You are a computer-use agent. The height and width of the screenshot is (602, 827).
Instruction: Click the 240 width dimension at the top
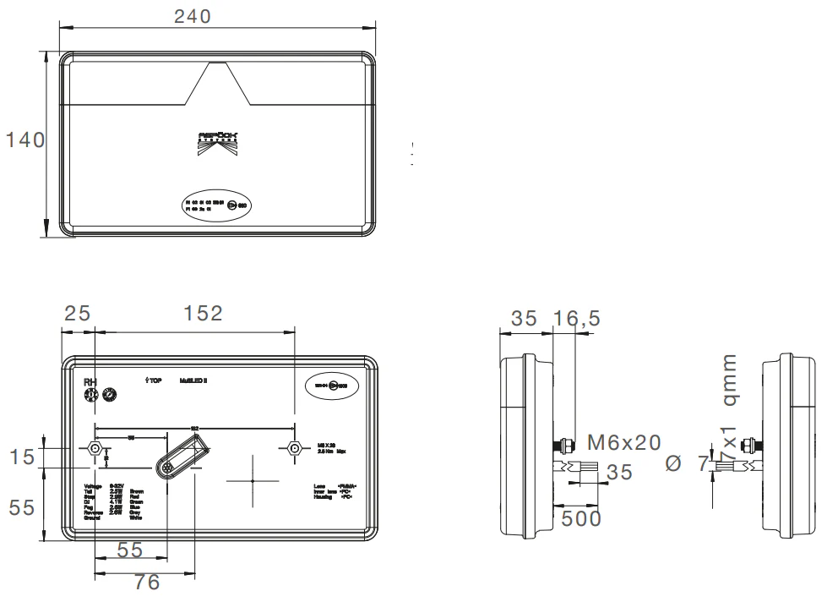(x=192, y=15)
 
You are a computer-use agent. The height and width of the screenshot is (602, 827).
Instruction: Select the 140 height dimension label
(x=25, y=140)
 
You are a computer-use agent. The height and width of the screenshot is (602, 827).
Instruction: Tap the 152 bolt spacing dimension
(x=203, y=314)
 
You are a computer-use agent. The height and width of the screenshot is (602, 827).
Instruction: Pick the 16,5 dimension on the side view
(x=577, y=319)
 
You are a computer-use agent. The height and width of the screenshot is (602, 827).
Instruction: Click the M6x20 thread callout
(x=623, y=442)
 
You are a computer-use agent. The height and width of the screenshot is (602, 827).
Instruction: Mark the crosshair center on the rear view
(x=253, y=480)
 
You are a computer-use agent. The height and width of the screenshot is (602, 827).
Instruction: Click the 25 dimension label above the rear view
(x=78, y=314)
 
